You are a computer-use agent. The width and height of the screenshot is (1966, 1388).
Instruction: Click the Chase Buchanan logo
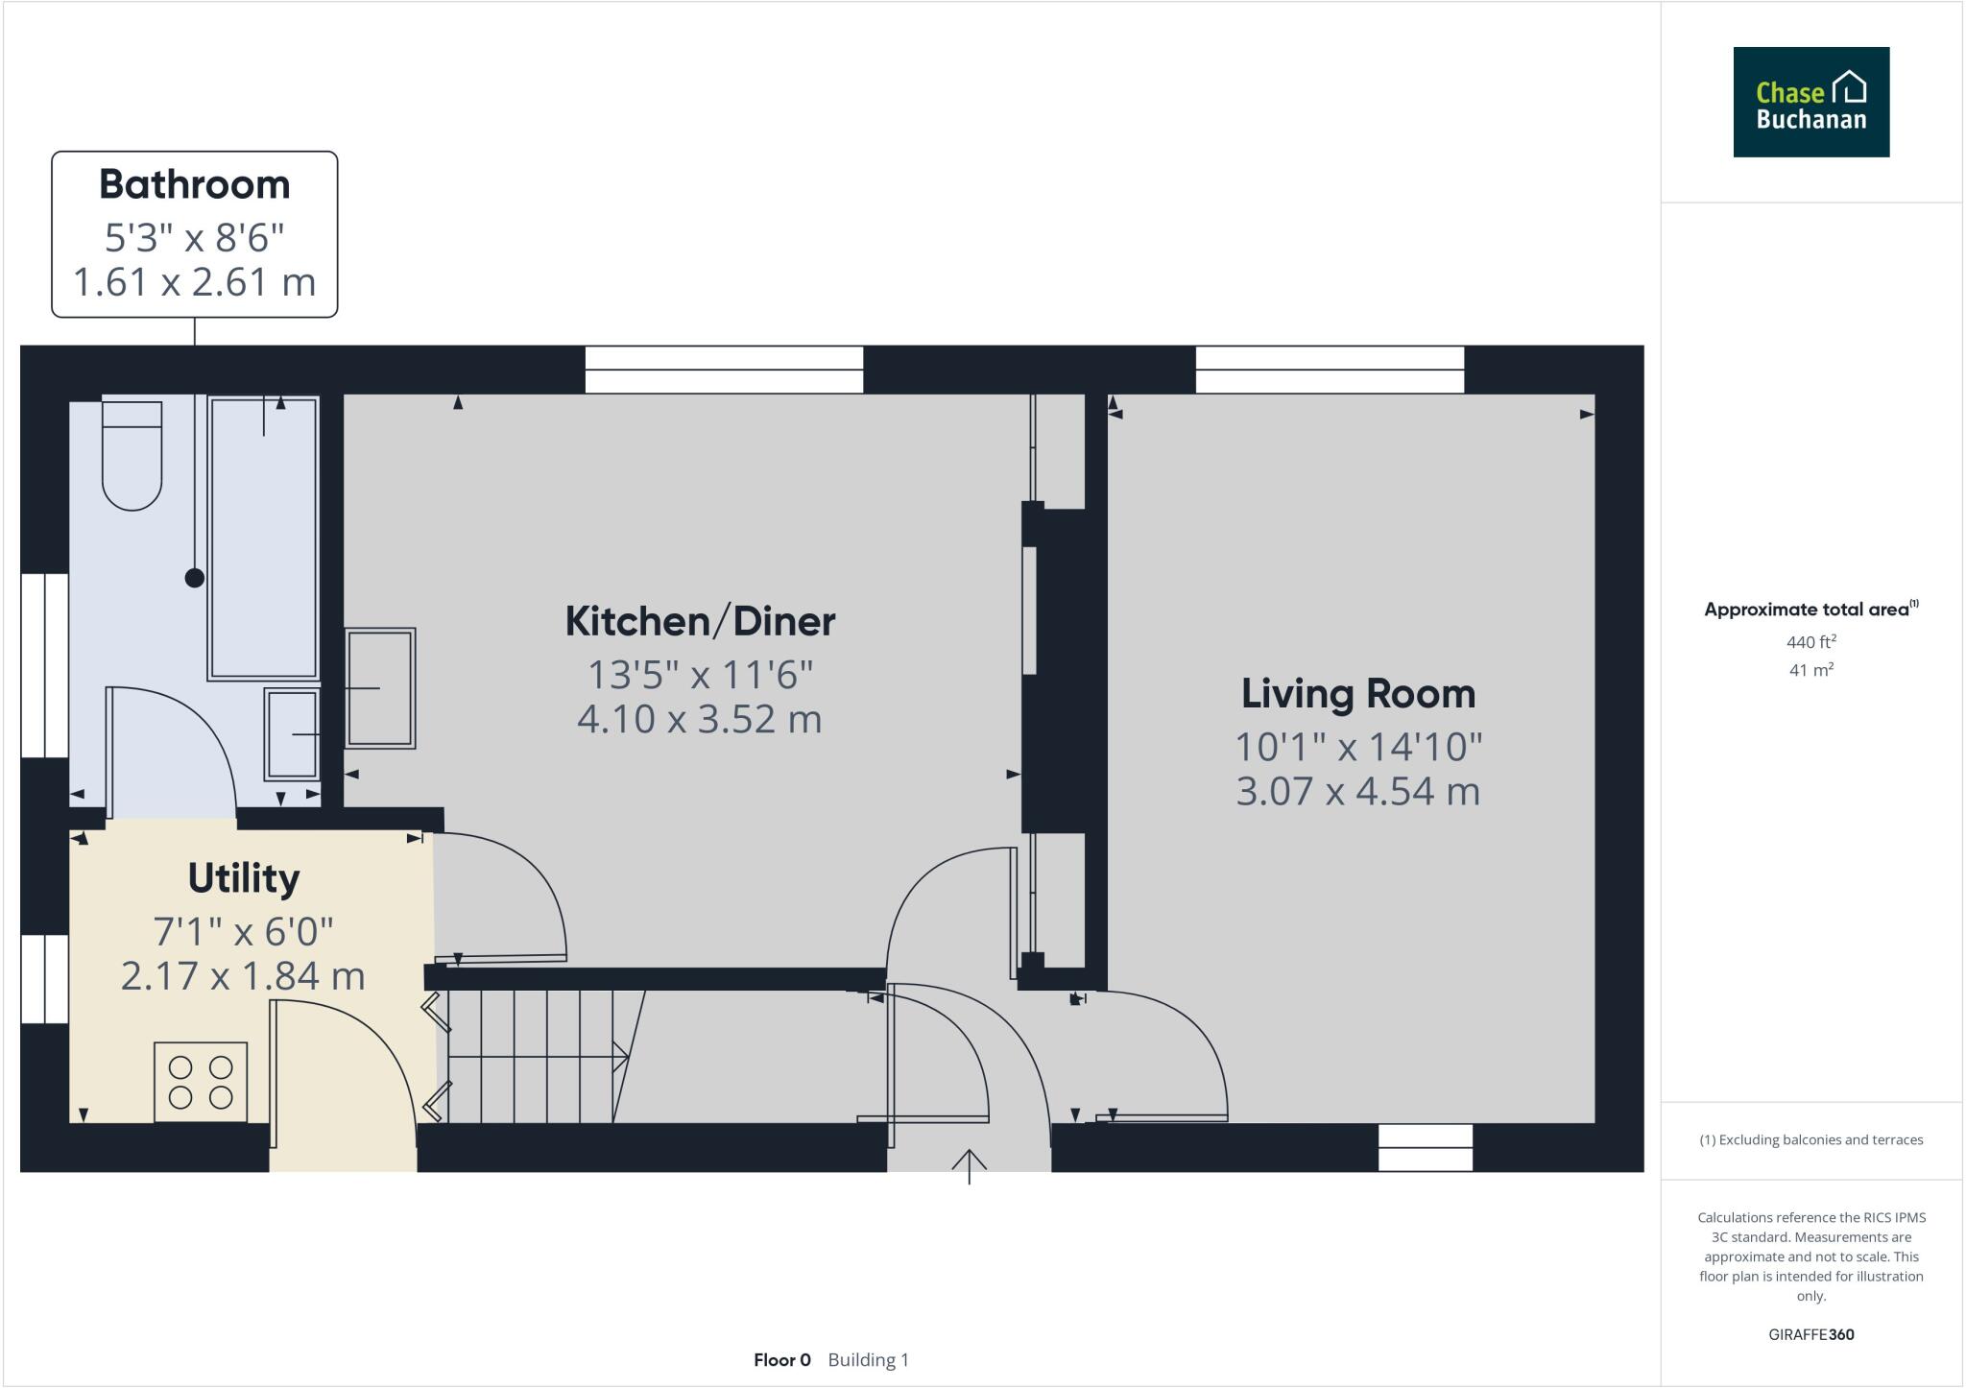click(x=1810, y=102)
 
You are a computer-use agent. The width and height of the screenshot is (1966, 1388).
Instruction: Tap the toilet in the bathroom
click(x=132, y=455)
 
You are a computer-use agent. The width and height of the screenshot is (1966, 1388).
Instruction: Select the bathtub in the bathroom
click(x=263, y=538)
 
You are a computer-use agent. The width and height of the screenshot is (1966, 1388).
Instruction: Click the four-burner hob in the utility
click(x=201, y=1082)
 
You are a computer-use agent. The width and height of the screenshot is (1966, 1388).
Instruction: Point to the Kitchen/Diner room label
click(x=700, y=622)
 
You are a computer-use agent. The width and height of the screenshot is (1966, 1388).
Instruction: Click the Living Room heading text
click(x=1357, y=694)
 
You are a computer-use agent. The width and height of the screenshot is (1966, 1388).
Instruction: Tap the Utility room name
click(x=244, y=878)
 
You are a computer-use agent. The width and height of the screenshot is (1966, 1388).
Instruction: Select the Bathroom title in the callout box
click(x=194, y=184)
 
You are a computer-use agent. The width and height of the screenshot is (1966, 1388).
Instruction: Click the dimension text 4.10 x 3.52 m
click(x=700, y=719)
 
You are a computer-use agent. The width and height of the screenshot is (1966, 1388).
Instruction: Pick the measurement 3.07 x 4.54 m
click(x=1357, y=791)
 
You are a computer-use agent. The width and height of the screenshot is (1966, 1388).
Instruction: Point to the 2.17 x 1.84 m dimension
click(x=244, y=975)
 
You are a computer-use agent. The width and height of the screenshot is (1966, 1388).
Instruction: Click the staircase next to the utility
click(x=538, y=1056)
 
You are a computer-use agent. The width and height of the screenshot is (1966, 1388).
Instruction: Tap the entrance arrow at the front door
click(x=969, y=1165)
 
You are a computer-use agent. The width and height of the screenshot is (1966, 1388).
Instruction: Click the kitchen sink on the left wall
click(x=380, y=687)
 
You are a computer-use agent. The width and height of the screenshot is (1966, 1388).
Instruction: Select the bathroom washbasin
click(x=292, y=734)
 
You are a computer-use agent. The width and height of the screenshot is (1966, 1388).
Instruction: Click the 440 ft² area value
click(x=1810, y=642)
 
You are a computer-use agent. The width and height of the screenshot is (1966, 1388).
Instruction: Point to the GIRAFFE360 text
click(x=1810, y=1334)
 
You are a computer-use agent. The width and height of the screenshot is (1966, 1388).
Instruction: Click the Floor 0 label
click(x=781, y=1360)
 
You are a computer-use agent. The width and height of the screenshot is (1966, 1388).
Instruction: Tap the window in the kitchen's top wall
click(x=724, y=370)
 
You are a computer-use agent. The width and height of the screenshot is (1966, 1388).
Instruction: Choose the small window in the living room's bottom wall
click(x=1425, y=1148)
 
